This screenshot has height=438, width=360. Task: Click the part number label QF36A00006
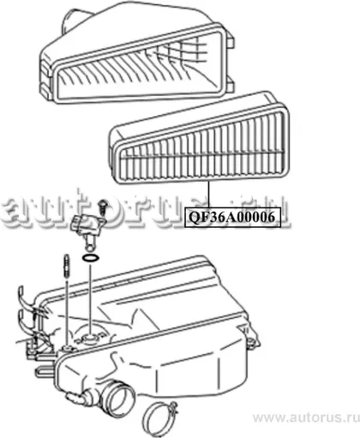pyautogui.click(x=231, y=218)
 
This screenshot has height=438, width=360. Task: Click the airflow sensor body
pyautogui.click(x=87, y=225)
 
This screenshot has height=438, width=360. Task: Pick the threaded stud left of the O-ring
pyautogui.click(x=67, y=266)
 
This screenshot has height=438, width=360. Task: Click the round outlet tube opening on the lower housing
pyautogui.click(x=118, y=398)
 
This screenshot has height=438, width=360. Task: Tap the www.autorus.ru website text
pyautogui.click(x=306, y=417)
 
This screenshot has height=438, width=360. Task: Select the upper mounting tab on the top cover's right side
pyautogui.click(x=231, y=39)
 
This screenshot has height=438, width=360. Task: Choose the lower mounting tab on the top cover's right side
pyautogui.click(x=231, y=83)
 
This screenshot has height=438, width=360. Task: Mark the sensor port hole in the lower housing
pyautogui.click(x=90, y=339)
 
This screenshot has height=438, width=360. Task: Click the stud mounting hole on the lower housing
pyautogui.click(x=68, y=349)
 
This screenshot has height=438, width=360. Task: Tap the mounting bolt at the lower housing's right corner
pyautogui.click(x=251, y=342)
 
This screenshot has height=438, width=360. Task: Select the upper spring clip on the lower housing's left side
pyautogui.click(x=27, y=297)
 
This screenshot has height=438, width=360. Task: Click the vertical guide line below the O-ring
pyautogui.click(x=90, y=298)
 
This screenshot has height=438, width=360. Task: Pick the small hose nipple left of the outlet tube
pyautogui.click(x=76, y=398)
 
